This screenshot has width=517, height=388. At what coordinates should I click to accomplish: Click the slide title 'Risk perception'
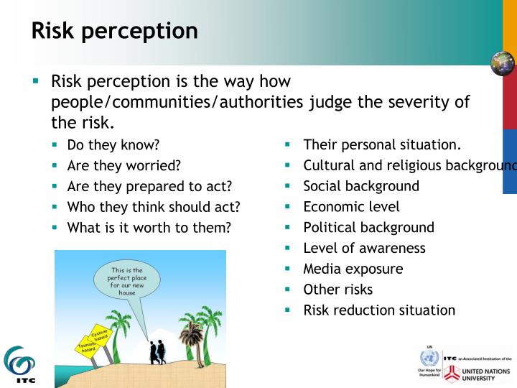point(114,30)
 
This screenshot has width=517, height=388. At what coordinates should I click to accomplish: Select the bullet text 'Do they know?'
point(113,144)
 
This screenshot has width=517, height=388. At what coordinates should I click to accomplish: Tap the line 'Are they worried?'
point(124,165)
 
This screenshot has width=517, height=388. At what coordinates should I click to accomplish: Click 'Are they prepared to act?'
point(149,186)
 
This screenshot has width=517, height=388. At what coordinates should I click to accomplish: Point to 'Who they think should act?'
point(153,207)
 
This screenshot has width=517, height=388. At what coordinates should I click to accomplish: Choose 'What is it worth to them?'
point(149,228)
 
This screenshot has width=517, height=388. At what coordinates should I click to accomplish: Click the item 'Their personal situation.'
point(382,144)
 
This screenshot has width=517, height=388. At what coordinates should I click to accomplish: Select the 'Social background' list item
point(361,186)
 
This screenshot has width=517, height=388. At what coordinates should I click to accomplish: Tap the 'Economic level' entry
point(351,207)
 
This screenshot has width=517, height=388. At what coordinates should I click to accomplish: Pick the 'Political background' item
point(368,228)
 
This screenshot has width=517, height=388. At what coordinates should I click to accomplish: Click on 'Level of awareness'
point(364,248)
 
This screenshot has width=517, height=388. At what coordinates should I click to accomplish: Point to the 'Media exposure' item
point(353,269)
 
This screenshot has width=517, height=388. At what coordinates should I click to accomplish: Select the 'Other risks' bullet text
point(337,290)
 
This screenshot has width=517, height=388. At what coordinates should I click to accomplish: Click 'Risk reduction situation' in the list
point(379,310)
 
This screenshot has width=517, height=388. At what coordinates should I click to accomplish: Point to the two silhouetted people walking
point(157,352)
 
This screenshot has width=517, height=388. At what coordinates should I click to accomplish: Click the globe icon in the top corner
point(503,63)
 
